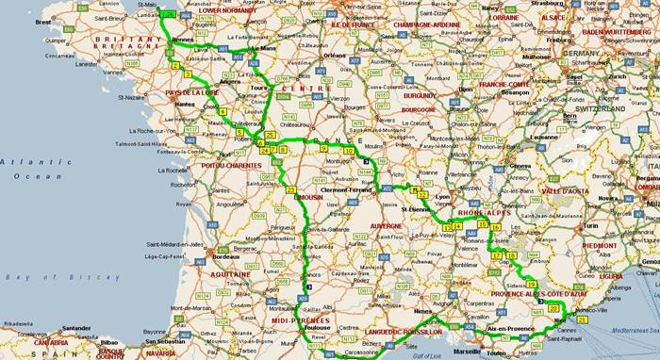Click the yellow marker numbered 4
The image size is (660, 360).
tap(223, 111)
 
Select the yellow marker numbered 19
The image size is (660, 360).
tap(533, 283)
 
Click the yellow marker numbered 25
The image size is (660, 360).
tap(270, 137)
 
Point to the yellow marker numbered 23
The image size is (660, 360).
tap(291, 189)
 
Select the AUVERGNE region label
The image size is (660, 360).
tap(385, 227)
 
